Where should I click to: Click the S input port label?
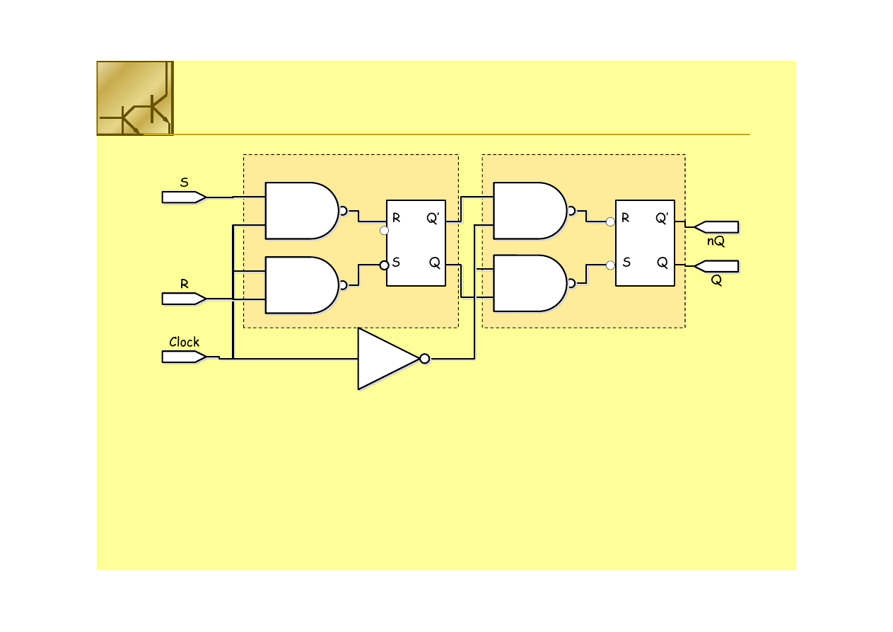184,183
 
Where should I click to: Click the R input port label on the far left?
184,284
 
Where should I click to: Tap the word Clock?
184,342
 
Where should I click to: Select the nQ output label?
716,241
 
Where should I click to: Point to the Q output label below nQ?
716,280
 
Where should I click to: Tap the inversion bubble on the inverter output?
424,359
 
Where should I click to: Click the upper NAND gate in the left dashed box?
301,211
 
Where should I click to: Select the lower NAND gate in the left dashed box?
301,285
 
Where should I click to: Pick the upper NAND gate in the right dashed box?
530,211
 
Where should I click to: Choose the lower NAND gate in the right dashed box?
530,283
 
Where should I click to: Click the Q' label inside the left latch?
433,219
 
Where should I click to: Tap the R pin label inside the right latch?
625,219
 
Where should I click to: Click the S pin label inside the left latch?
396,263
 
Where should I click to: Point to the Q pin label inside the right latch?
663,263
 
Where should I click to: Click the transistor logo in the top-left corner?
134,98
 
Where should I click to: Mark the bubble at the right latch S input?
610,265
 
